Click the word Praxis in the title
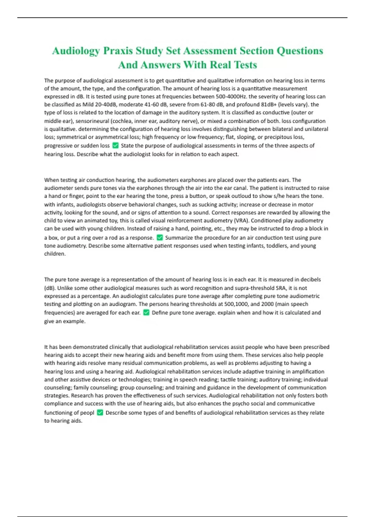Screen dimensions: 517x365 click(x=118, y=50)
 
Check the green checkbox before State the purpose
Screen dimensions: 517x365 click(x=115, y=145)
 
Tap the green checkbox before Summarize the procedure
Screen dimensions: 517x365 click(x=160, y=238)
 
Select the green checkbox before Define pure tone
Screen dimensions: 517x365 click(x=146, y=312)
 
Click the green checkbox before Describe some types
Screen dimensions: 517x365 click(x=100, y=412)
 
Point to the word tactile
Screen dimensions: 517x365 click(x=229, y=379)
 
